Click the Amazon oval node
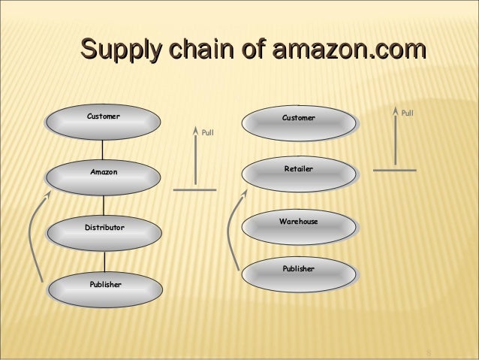point(104,176)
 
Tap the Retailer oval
point(298,173)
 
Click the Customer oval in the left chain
point(104,121)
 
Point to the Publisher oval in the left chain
point(104,288)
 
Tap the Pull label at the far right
point(407,113)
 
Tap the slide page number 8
point(429,353)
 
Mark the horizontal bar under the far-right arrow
point(394,171)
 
